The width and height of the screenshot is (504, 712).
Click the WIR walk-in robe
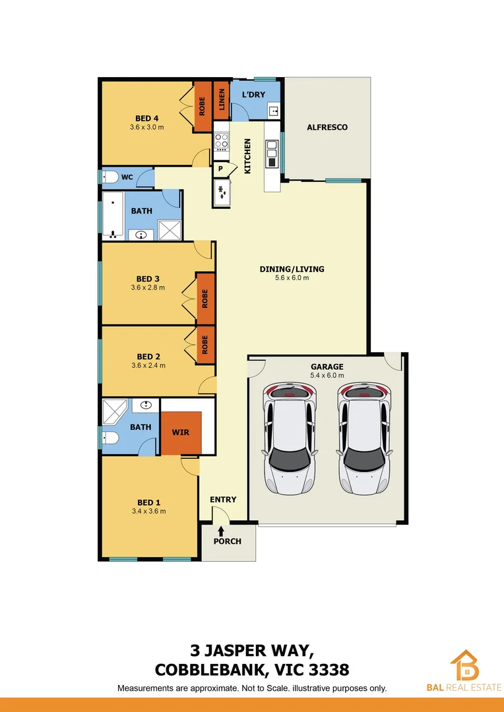pos(181,433)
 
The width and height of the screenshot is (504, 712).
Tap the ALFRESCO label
pos(327,127)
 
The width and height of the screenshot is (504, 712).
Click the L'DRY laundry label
pos(253,95)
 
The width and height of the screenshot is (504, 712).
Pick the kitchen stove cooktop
pos(220,142)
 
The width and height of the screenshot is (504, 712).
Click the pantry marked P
pos(220,169)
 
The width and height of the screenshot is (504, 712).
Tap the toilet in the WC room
pos(110,177)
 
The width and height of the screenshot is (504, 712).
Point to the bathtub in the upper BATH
pos(111,216)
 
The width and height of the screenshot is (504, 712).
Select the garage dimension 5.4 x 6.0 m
pos(327,376)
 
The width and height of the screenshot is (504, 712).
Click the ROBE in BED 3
pos(205,299)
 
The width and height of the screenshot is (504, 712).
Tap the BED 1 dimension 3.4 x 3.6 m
pos(148,511)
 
